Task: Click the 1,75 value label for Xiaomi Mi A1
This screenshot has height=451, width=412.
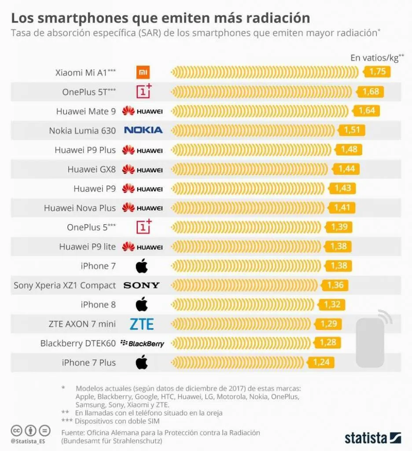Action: point(377,72)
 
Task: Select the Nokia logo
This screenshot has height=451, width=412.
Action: point(143,130)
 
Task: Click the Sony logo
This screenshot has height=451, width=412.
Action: point(141,285)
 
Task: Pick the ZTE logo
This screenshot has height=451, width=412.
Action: point(142,324)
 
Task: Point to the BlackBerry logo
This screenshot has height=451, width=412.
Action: point(142,344)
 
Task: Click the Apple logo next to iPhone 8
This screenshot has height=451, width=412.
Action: point(141,304)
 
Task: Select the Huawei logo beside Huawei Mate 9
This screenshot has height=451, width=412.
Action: point(142,111)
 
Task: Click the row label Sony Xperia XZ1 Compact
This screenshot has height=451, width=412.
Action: point(65,285)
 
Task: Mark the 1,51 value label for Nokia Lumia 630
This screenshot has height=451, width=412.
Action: point(352,130)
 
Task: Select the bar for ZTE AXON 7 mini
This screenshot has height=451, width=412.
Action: point(243,324)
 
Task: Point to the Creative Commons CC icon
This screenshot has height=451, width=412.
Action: point(17,430)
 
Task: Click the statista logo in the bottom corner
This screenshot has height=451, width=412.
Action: point(372,438)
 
